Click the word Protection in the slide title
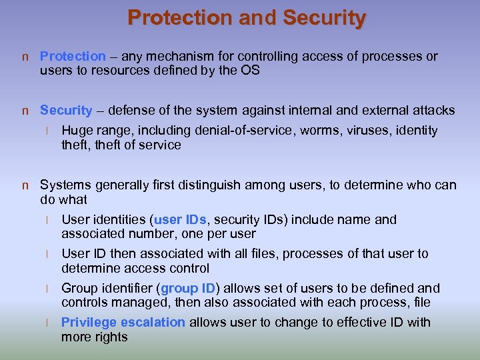point(170,18)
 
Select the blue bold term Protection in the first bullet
point(73,57)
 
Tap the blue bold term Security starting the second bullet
point(66,111)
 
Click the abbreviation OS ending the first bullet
point(249,71)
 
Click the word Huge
point(75,131)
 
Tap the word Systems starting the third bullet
point(65,185)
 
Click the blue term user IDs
point(181,220)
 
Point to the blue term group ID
point(189,289)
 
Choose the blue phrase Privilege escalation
point(123,323)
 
